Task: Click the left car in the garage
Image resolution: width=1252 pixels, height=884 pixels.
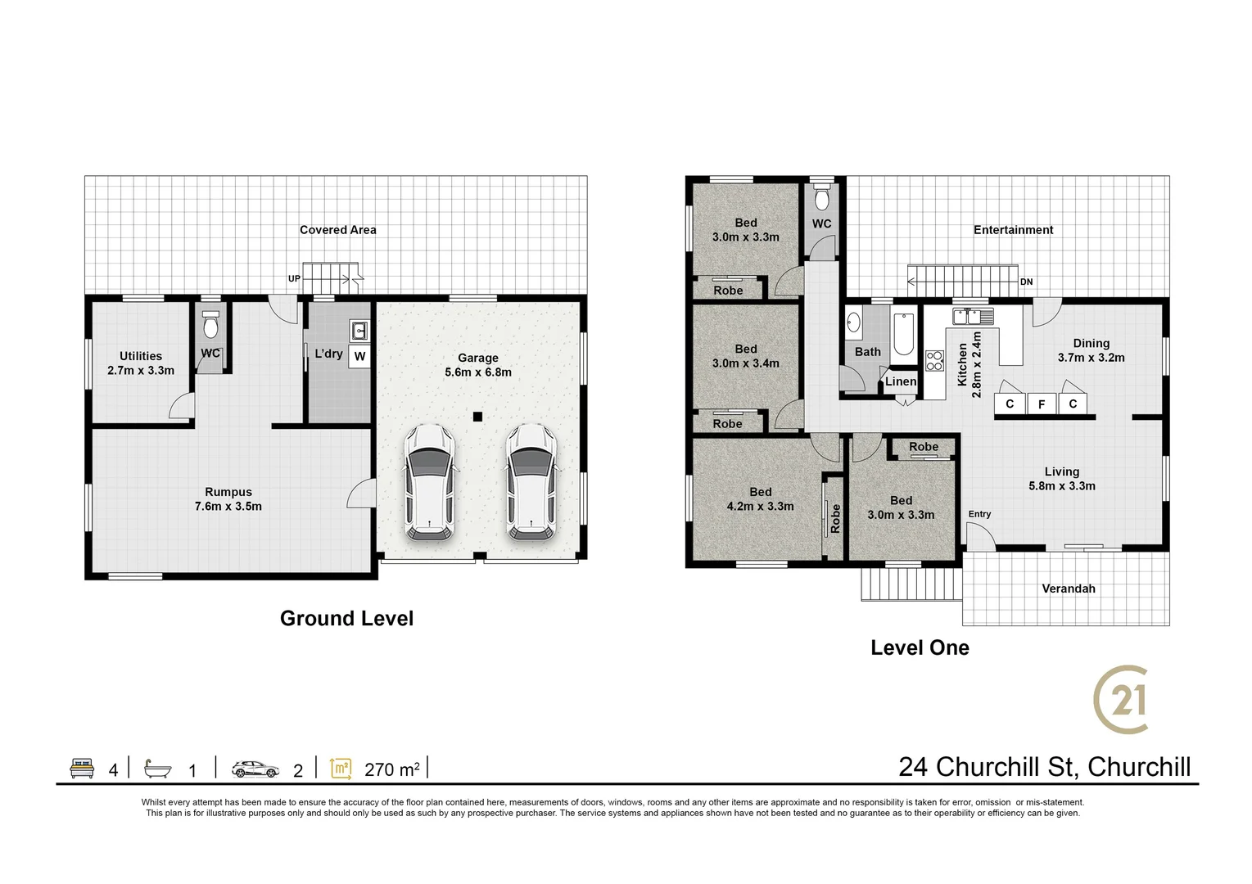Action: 429,482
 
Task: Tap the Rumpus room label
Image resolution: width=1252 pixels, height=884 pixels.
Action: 228,498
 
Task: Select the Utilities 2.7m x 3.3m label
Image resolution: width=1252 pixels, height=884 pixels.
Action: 141,363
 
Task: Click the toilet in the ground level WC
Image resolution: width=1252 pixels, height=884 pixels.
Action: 210,327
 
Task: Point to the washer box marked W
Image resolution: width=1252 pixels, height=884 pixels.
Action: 359,356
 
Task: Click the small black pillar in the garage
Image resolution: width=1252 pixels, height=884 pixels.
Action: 477,416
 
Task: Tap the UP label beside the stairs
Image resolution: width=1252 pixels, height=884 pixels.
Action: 294,279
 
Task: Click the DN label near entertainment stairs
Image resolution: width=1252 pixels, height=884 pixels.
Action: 1026,282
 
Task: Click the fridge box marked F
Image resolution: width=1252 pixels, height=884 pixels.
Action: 1042,404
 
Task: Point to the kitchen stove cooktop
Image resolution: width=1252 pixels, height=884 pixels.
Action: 934,361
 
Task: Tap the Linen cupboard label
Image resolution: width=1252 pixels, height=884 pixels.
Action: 901,381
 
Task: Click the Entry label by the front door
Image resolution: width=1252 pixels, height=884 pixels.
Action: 979,514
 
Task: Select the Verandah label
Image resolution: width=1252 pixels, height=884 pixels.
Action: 1068,589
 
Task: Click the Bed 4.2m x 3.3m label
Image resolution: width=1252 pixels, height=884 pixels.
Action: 760,498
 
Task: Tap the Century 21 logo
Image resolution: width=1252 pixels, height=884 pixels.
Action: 1122,700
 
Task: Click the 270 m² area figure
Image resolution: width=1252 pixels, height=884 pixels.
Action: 392,769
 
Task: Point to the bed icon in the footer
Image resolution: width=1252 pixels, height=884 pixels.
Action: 82,769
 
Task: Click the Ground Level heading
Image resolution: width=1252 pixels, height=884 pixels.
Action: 346,619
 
